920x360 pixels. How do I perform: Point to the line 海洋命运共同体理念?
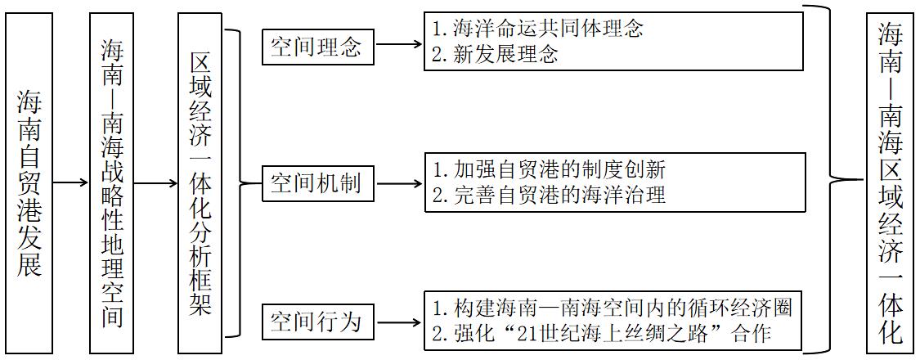coord(538,28)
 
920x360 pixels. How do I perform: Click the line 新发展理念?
coord(495,54)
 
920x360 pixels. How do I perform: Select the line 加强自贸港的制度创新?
coord(549,170)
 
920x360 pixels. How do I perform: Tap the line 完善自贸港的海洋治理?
coord(549,195)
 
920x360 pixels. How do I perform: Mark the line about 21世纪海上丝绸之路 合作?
coord(601,333)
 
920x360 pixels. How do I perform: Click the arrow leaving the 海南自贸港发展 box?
coord(71,183)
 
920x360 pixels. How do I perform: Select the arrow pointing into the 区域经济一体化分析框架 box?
coord(157,183)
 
